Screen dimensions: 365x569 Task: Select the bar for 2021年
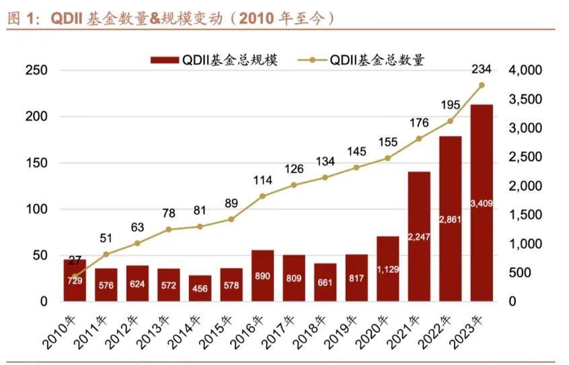419,236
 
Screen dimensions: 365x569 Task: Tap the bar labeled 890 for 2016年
262,275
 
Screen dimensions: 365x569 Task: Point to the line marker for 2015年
231,220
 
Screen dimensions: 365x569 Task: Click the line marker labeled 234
481,85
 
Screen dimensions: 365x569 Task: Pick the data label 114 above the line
262,180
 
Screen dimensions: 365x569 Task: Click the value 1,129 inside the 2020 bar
387,269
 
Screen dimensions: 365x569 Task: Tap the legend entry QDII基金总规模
214,60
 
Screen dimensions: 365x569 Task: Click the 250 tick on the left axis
36,70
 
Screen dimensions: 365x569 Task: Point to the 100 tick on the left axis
36,209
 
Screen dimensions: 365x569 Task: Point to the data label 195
449,105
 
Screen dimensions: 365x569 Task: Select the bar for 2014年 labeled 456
200,288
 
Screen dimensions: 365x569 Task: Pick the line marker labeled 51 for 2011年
106,255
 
